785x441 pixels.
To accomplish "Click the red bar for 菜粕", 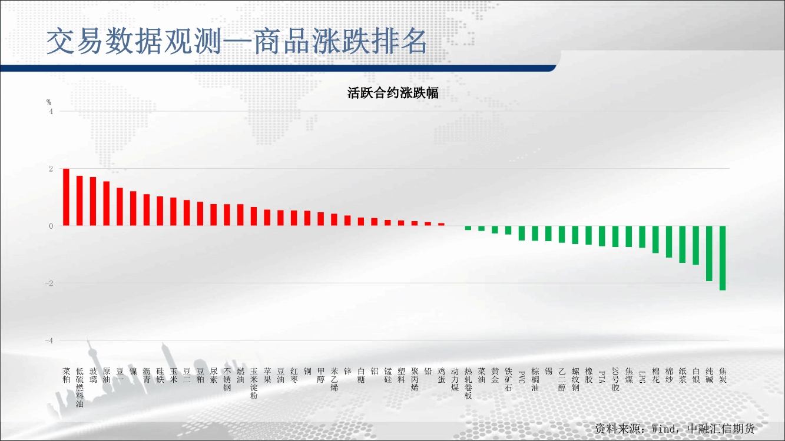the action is [x=66, y=197].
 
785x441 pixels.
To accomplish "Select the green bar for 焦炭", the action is [x=723, y=258].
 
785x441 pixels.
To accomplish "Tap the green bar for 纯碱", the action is [x=709, y=253].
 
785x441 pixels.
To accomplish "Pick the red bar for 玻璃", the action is [x=93, y=201].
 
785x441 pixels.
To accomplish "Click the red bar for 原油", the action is [x=107, y=203].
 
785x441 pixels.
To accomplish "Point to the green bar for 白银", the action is [x=696, y=245].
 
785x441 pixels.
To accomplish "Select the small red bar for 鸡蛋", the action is [x=442, y=225].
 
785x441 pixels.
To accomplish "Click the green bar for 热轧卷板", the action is [x=468, y=228].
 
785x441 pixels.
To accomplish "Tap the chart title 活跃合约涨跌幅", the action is [x=393, y=93].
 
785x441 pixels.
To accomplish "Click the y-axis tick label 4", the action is [x=51, y=112].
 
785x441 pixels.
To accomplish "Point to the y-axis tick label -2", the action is [x=49, y=283].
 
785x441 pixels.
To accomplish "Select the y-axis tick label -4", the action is [x=49, y=340].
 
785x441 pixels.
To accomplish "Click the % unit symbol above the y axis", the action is [x=49, y=102].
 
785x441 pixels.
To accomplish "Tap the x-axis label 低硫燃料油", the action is [x=80, y=387].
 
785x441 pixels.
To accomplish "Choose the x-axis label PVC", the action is [x=521, y=377].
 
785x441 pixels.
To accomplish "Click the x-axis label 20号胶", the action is [x=616, y=379].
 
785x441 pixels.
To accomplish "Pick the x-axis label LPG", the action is [x=642, y=377].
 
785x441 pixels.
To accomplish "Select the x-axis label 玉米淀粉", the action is [x=254, y=383].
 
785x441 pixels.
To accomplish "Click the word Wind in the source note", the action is [x=664, y=429].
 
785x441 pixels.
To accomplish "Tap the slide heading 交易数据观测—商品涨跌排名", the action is [x=237, y=41].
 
